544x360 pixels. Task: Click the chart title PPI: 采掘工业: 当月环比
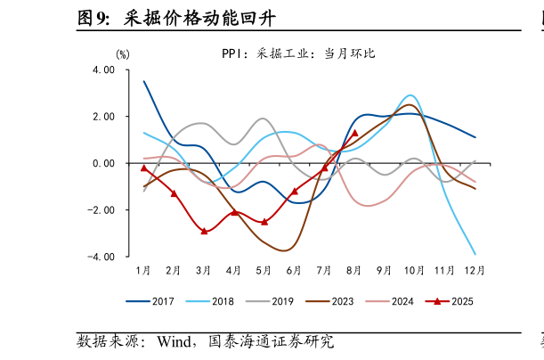[298, 53]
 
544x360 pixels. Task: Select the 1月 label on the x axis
[143, 270]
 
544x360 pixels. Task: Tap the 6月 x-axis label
[294, 270]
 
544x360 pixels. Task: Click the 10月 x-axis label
[414, 270]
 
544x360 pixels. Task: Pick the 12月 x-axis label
[475, 270]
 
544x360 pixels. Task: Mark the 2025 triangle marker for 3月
[204, 231]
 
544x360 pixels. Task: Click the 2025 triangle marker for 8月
[354, 133]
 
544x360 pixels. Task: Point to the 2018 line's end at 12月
[475, 254]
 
